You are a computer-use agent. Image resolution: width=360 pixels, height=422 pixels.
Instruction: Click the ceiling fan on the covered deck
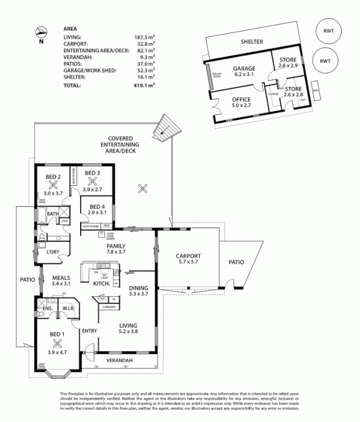point(141,187)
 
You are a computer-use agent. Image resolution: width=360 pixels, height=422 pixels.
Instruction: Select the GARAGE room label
point(245,69)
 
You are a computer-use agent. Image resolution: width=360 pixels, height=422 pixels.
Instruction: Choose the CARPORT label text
point(188,256)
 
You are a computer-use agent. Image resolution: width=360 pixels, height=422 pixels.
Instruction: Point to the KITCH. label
point(101,284)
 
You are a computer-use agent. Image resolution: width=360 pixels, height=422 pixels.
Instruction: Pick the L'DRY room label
point(52,253)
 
